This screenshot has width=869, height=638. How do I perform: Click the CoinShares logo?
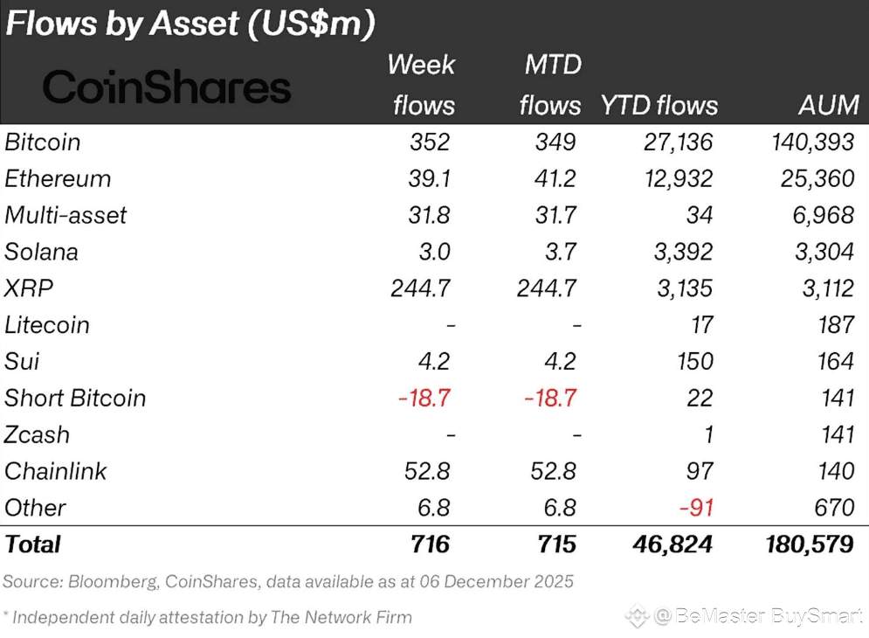tap(166, 87)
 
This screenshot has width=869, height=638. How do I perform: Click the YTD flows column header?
tap(659, 106)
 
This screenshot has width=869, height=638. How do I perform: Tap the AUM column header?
tap(828, 106)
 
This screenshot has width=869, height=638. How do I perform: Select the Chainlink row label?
tap(55, 471)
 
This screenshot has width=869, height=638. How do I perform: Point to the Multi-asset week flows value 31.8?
tap(429, 215)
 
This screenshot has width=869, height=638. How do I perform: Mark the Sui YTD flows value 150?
tap(694, 361)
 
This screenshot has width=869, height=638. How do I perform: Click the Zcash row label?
tap(37, 434)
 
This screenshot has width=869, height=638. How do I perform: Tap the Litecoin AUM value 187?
tap(836, 325)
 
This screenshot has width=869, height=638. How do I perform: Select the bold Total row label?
tap(33, 544)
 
